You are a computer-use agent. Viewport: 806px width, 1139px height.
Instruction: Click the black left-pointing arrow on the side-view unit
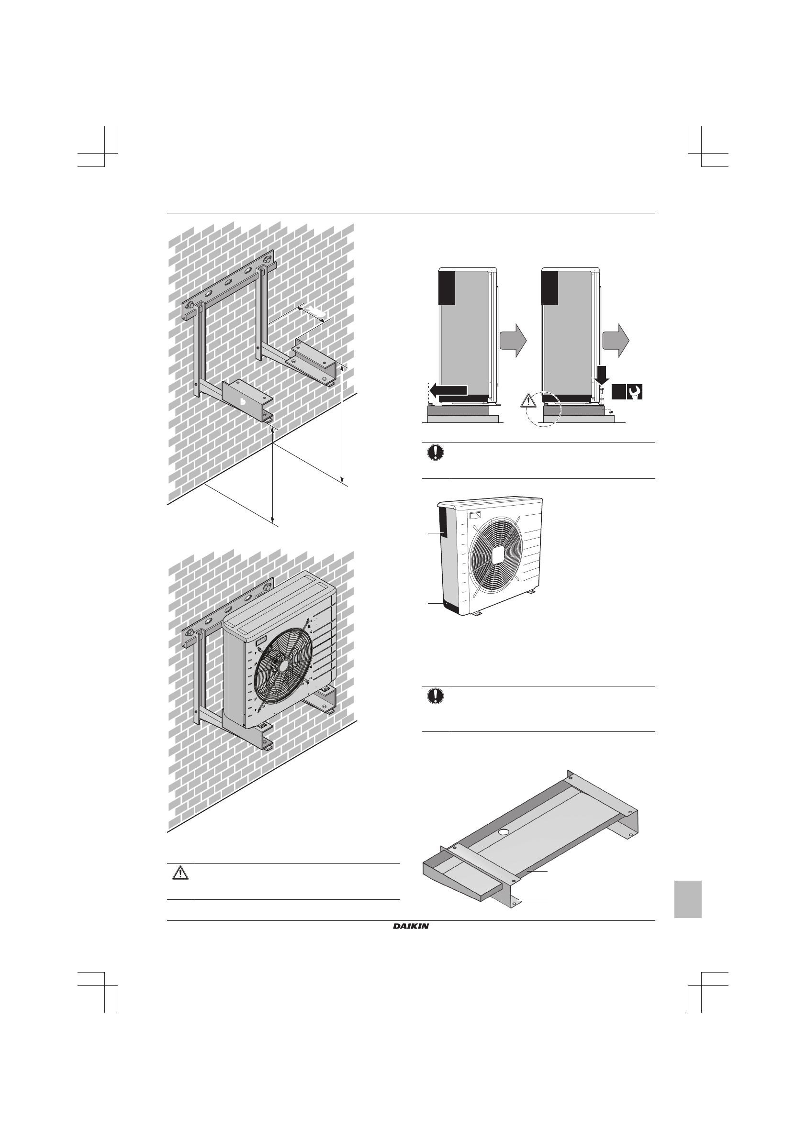(x=448, y=390)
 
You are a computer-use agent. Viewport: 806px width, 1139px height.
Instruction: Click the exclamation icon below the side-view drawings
(x=435, y=453)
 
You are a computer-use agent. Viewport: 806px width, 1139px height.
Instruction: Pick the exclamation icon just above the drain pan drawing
(x=435, y=696)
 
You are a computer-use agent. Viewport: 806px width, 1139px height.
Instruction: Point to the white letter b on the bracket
(x=243, y=401)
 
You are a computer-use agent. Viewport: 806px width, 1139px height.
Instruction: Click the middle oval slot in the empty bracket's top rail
(x=229, y=281)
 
